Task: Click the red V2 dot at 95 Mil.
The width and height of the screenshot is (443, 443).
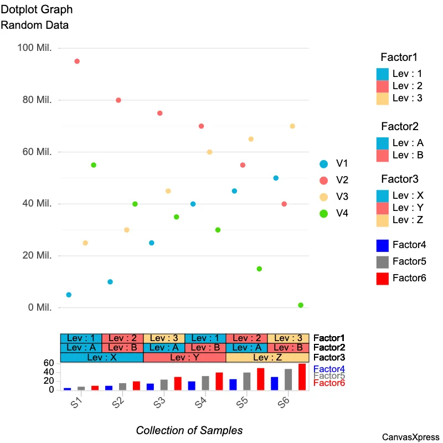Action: click(x=77, y=61)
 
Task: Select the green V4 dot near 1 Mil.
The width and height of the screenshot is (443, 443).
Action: click(x=301, y=305)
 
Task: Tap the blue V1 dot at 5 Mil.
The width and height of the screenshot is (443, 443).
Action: click(x=69, y=295)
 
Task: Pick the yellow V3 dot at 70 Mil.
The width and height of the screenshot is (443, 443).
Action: click(x=292, y=126)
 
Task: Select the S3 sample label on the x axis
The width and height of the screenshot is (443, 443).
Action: click(x=159, y=403)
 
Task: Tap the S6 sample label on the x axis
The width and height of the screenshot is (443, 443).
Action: click(x=283, y=403)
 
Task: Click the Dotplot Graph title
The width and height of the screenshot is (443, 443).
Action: click(x=37, y=10)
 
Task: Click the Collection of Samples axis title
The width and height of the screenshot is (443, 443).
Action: click(x=189, y=430)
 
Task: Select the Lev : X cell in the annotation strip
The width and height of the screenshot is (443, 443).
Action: click(x=102, y=358)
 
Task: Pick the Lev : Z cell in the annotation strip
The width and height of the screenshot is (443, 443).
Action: click(x=267, y=358)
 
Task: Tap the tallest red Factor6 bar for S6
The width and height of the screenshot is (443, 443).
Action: click(x=302, y=377)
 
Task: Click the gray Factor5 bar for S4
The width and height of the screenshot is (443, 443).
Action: click(x=205, y=383)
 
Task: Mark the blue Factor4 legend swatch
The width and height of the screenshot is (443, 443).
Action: click(x=382, y=245)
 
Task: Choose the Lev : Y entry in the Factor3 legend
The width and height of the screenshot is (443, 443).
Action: click(x=408, y=208)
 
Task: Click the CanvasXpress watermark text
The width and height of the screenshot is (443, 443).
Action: click(x=410, y=437)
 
